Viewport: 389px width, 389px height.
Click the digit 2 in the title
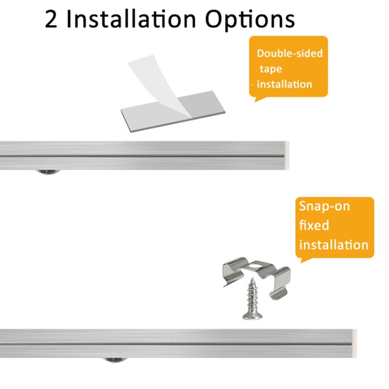pos(51,19)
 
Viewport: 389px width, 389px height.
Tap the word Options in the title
pos(250,20)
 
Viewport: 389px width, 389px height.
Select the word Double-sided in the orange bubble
pos(290,53)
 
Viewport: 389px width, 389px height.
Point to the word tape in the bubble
pos(271,69)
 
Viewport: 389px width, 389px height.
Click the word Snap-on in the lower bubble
pos(325,206)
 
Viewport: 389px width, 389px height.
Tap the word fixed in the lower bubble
pos(314,225)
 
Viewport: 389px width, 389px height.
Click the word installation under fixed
pos(334,244)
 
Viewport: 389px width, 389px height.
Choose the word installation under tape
pos(285,84)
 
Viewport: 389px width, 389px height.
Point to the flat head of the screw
pos(252,316)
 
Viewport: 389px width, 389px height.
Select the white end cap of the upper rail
pos(287,156)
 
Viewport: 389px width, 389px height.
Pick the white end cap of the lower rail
pos(354,344)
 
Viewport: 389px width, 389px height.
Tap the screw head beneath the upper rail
pos(47,172)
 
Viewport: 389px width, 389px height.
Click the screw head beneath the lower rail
pos(115,360)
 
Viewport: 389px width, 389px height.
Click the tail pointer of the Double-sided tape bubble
pos(259,99)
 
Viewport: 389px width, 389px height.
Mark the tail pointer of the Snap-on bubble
pos(305,260)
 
